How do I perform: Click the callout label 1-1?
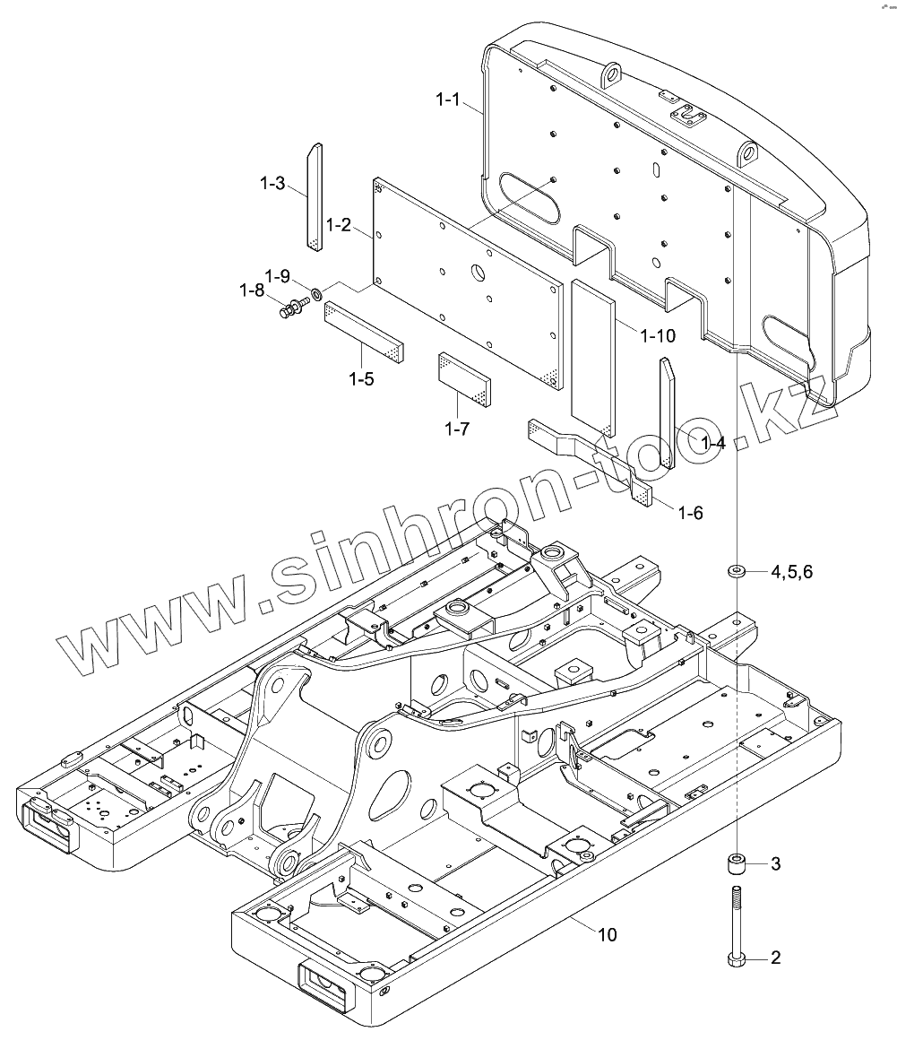[x=448, y=100]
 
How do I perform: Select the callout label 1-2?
[x=340, y=225]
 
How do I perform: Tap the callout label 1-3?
[x=272, y=184]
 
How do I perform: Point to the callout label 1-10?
[x=658, y=335]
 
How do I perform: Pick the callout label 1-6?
[x=690, y=513]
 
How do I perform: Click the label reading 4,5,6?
[x=791, y=572]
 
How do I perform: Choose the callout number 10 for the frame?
[x=607, y=935]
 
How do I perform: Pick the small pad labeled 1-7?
[x=464, y=378]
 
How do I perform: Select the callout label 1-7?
[x=457, y=429]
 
